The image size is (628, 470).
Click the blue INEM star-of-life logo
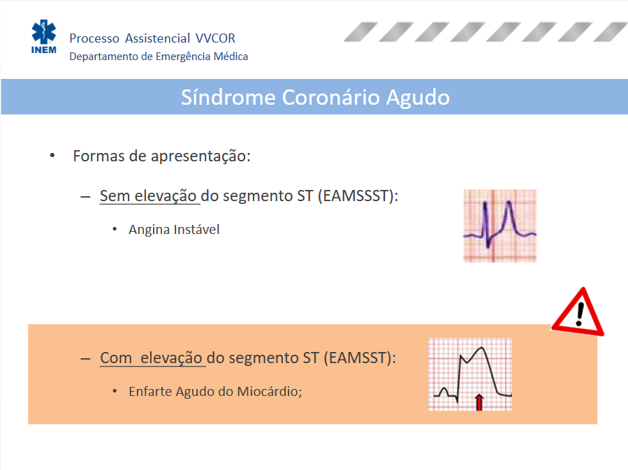coord(43,36)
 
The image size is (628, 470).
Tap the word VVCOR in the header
coord(215,38)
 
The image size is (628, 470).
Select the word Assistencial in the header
coord(157,38)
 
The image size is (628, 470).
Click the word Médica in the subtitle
coord(231,57)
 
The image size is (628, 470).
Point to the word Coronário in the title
coord(331,97)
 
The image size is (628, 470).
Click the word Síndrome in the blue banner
coord(228,97)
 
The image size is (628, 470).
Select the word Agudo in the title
coord(418,98)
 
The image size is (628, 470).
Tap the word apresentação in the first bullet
coord(200,156)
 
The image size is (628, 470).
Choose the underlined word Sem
coord(115,196)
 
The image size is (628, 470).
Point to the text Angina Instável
coord(174,229)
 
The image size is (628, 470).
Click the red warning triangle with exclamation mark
coord(578,312)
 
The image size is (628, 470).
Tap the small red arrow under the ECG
coord(479,402)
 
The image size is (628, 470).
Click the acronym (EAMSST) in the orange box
coord(360,358)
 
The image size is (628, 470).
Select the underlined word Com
coord(116,358)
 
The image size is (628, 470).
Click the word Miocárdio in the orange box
coord(270,391)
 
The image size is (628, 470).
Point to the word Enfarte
coord(150,391)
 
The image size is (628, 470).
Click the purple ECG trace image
coord(500,226)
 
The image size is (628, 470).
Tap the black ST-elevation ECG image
coord(470,374)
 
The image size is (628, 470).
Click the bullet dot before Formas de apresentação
coord(52,156)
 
